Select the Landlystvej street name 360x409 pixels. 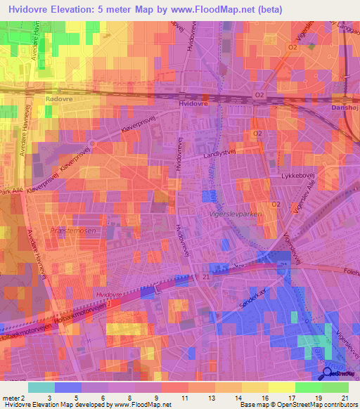220,156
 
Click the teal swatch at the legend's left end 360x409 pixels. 41,387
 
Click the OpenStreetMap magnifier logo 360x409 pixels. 328,375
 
